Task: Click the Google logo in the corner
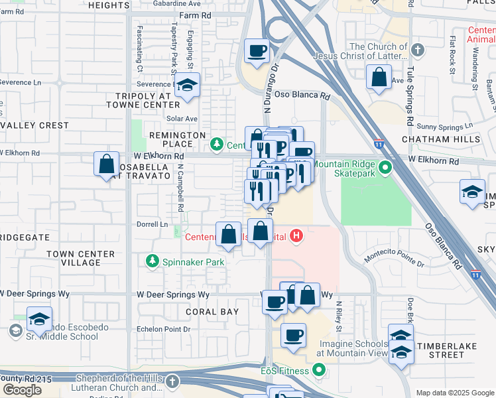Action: [22, 390]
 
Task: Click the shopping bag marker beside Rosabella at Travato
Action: [106, 164]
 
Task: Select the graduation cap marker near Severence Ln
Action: [187, 86]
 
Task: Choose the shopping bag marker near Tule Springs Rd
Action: [378, 77]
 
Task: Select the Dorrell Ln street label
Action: [153, 224]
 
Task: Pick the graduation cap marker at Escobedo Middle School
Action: [39, 319]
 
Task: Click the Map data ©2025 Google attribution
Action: [455, 393]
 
